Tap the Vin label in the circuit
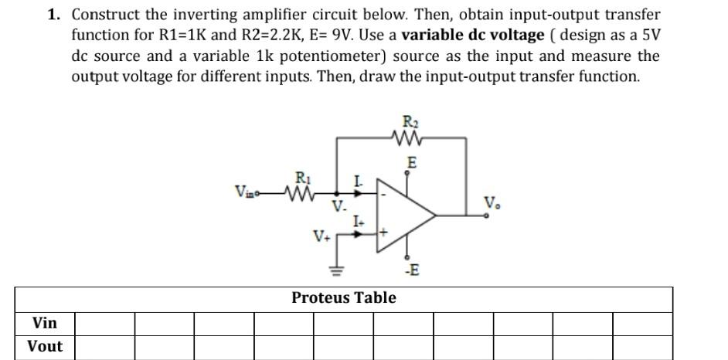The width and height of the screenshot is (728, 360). [x=245, y=190]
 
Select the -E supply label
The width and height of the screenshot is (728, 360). [x=412, y=270]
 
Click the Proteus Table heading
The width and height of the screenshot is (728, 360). [x=344, y=297]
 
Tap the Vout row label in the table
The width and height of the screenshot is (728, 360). [x=45, y=346]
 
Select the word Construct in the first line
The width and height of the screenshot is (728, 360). [x=106, y=15]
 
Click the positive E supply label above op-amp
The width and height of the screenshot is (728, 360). [x=412, y=163]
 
